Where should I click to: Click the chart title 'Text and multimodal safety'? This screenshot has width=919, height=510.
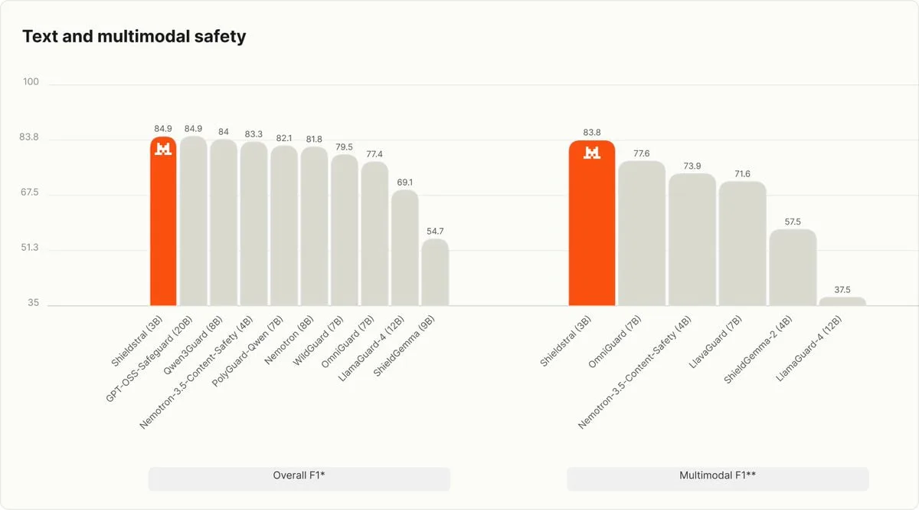pyautogui.click(x=134, y=36)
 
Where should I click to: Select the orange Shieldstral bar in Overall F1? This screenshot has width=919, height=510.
pyautogui.click(x=163, y=221)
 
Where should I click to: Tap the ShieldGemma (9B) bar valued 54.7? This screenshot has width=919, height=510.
pyautogui.click(x=435, y=272)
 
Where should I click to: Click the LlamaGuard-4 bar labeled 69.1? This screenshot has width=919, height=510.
pyautogui.click(x=404, y=248)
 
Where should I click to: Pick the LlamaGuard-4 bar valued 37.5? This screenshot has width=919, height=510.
pyautogui.click(x=842, y=301)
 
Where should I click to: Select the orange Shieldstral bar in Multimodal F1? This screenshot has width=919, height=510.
pyautogui.click(x=591, y=223)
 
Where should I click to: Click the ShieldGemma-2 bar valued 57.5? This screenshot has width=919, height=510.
pyautogui.click(x=793, y=268)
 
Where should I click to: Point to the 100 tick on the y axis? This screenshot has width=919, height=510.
pyautogui.click(x=31, y=82)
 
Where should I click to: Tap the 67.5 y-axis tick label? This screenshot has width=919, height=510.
pyautogui.click(x=30, y=192)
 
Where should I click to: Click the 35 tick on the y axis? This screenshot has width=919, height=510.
pyautogui.click(x=33, y=303)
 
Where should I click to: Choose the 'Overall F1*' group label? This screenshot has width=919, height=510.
pyautogui.click(x=299, y=475)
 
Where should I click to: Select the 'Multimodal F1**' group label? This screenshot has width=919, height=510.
pyautogui.click(x=718, y=475)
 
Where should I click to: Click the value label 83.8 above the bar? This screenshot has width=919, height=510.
pyautogui.click(x=591, y=133)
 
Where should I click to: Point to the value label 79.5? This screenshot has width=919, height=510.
pyautogui.click(x=344, y=146)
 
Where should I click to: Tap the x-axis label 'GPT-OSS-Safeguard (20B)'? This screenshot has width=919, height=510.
pyautogui.click(x=149, y=359)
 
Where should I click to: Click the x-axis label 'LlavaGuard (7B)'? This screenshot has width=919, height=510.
pyautogui.click(x=715, y=342)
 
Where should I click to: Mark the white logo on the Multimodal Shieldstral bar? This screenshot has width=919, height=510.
pyautogui.click(x=591, y=153)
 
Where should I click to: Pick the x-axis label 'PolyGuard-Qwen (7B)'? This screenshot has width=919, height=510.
pyautogui.click(x=247, y=351)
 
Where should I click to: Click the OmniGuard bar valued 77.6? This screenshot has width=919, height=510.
pyautogui.click(x=642, y=233)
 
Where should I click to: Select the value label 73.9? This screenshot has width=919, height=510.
pyautogui.click(x=692, y=166)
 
